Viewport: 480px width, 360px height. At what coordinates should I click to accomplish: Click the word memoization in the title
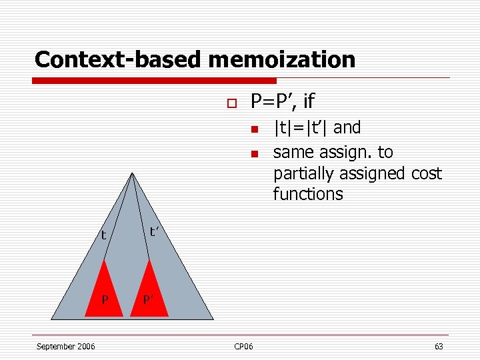pyautogui.click(x=281, y=59)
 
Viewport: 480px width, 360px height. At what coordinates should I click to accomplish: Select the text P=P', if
pyautogui.click(x=282, y=101)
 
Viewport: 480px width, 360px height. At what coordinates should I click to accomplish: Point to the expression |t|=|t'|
pyautogui.click(x=301, y=127)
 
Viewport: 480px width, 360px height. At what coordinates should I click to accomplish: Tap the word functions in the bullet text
pyautogui.click(x=308, y=194)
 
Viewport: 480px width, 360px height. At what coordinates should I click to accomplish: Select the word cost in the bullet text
pyautogui.click(x=426, y=173)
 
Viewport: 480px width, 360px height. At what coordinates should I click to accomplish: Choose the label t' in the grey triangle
pyautogui.click(x=155, y=232)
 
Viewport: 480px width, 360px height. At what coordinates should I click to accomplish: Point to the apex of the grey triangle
pyautogui.click(x=133, y=174)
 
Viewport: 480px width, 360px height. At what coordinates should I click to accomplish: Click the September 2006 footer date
pyautogui.click(x=65, y=346)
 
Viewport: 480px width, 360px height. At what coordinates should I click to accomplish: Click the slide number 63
pyautogui.click(x=438, y=346)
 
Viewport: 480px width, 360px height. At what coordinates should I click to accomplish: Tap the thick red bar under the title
pyautogui.click(x=153, y=81)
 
